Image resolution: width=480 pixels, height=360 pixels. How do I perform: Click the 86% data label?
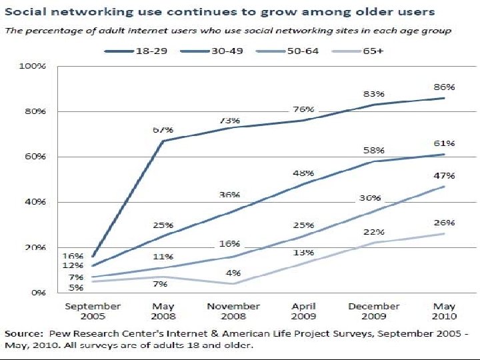tap(446, 87)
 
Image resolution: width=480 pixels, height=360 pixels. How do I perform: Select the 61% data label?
tap(446, 143)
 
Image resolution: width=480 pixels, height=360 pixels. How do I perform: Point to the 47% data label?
tap(446, 175)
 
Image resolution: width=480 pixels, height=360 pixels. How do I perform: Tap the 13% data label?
tap(304, 253)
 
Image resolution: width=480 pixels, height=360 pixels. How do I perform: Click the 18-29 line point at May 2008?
tap(163, 141)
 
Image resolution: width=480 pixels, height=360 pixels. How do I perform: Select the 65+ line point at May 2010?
tap(444, 233)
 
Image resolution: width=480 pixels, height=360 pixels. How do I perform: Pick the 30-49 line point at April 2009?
tap(303, 183)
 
